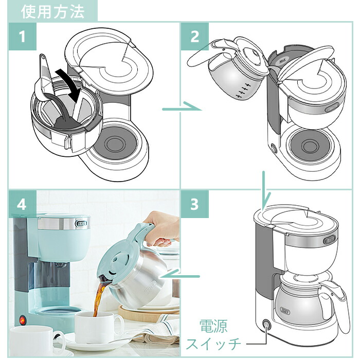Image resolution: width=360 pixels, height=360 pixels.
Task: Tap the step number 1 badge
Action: point(22,37)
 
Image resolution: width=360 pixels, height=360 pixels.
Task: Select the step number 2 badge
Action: point(194,37)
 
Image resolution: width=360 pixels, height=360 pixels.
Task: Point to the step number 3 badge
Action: point(194,204)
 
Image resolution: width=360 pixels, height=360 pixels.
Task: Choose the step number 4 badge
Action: point(22,204)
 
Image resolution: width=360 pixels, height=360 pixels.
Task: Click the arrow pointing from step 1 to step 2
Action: point(180,109)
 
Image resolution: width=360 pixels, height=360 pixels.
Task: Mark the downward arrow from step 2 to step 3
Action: point(263,189)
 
